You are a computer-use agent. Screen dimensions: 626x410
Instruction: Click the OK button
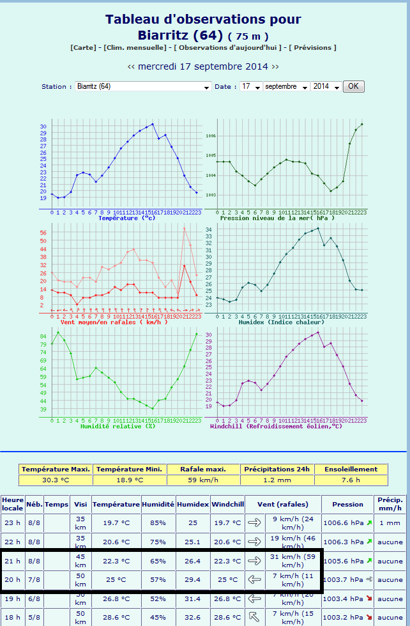point(353,86)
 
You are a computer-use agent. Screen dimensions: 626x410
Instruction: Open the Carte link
point(84,48)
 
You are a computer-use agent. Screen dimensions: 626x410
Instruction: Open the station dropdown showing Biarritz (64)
point(143,86)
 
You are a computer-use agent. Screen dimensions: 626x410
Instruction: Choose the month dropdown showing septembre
point(286,86)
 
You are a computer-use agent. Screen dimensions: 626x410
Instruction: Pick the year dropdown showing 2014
point(326,86)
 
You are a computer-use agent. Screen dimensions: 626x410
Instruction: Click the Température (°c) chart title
point(126,218)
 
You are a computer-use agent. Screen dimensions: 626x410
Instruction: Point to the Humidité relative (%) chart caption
point(118,426)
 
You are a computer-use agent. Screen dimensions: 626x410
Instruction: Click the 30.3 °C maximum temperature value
point(56,480)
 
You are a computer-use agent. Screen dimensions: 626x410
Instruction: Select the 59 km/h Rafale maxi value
point(204,480)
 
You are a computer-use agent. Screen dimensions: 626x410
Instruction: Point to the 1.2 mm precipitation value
point(278,480)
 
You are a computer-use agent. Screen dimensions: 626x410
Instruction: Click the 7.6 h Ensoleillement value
point(351,480)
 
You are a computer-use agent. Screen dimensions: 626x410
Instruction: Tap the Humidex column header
point(193,504)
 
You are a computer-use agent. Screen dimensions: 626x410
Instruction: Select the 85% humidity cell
point(158,523)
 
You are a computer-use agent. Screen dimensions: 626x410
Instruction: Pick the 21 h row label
point(12,561)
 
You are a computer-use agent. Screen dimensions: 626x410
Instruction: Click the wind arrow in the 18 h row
point(254,617)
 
